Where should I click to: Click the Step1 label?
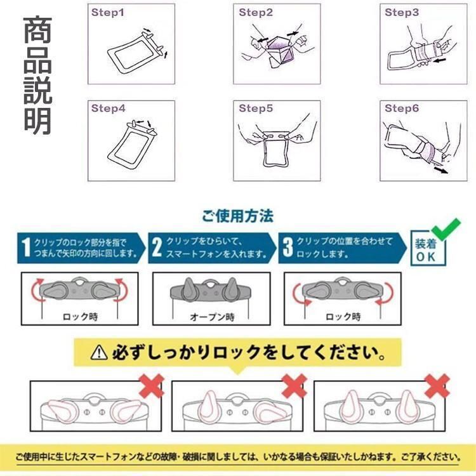[108, 13]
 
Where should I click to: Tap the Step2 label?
[256, 13]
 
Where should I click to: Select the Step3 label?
[402, 13]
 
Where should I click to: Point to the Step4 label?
[109, 109]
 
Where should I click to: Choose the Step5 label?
[256, 109]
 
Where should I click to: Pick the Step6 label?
[402, 109]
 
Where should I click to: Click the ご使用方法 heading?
[238, 216]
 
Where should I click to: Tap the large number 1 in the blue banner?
[27, 248]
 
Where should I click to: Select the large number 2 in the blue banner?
[157, 247]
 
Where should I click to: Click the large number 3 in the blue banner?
[288, 247]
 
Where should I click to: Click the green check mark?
[446, 229]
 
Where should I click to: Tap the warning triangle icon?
[99, 352]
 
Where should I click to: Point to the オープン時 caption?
[212, 317]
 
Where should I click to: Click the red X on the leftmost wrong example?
[152, 386]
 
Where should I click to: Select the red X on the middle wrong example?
[294, 386]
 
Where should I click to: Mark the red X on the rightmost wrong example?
[437, 386]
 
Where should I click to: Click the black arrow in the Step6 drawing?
[441, 169]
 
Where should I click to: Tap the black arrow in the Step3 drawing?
[439, 61]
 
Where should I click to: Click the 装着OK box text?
[426, 250]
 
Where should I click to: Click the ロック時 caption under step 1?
[80, 317]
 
